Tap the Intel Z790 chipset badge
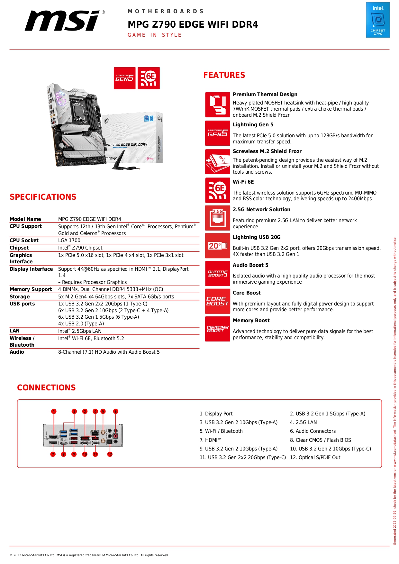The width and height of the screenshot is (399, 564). pyautogui.click(x=377, y=20)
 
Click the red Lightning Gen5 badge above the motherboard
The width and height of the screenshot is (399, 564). pyautogui.click(x=124, y=78)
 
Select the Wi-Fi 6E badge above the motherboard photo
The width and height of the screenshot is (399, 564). pyautogui.click(x=149, y=78)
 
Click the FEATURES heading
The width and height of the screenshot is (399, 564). pyautogui.click(x=224, y=75)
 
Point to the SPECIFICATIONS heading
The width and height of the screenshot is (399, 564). pyautogui.click(x=43, y=197)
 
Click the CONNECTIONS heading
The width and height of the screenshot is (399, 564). pyautogui.click(x=46, y=388)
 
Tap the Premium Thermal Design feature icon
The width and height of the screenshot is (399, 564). pyautogui.click(x=218, y=105)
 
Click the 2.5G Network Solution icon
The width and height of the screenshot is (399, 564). pyautogui.click(x=218, y=218)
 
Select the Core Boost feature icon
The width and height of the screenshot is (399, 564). pyautogui.click(x=218, y=301)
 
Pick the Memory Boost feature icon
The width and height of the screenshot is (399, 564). pyautogui.click(x=218, y=329)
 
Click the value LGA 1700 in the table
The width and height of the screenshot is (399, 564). pyautogui.click(x=69, y=241)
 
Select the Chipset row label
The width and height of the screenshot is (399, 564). pyautogui.click(x=19, y=248)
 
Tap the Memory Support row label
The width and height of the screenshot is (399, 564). pyautogui.click(x=31, y=289)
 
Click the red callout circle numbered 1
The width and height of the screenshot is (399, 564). pyautogui.click(x=54, y=411)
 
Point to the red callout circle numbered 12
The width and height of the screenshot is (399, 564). pyautogui.click(x=110, y=454)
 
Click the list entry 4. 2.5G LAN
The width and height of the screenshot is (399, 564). pyautogui.click(x=303, y=423)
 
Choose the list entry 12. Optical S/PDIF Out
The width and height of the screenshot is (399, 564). pyautogui.click(x=315, y=458)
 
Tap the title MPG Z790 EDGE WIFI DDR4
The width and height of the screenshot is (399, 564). pyautogui.click(x=193, y=25)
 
